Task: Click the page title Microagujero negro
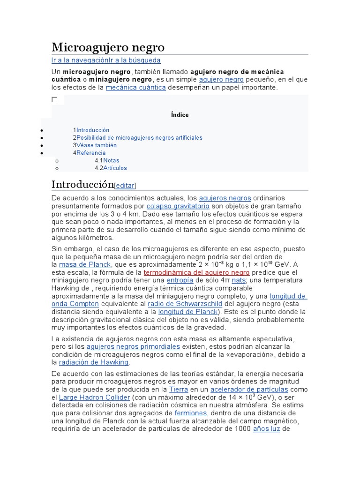[x=108, y=47]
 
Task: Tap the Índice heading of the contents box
[x=180, y=115]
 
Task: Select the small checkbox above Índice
[x=54, y=100]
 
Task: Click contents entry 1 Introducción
[x=93, y=130]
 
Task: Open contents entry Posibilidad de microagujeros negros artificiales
[x=139, y=138]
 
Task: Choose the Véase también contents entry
[x=97, y=145]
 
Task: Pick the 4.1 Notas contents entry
[x=111, y=160]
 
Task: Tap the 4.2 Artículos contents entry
[x=115, y=168]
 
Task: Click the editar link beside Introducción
[x=125, y=185]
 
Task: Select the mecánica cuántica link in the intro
[x=135, y=88]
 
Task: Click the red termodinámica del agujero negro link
[x=196, y=272]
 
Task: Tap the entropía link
[x=180, y=280]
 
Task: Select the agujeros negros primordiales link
[x=134, y=346]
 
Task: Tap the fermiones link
[x=191, y=413]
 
